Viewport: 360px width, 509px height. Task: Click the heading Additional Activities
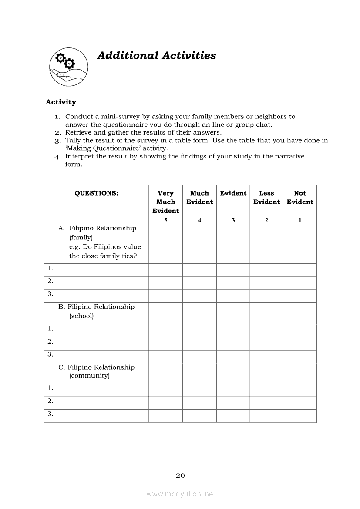(156, 56)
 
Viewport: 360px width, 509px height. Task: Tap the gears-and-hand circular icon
(68, 67)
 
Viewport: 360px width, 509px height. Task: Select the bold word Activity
(61, 102)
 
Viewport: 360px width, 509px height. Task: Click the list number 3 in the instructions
(57, 141)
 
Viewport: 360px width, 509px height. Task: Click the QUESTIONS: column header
(96, 193)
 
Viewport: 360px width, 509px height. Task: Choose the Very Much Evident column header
(165, 202)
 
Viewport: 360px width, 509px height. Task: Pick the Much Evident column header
(199, 197)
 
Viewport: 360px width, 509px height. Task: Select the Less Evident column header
(266, 197)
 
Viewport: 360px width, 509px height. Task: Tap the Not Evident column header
(300, 197)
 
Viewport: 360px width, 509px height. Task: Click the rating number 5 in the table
(165, 220)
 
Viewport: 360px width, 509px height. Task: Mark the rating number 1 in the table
(300, 220)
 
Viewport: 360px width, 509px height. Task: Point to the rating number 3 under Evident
(233, 220)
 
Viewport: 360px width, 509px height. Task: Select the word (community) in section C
(89, 376)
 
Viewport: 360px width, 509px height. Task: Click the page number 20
(180, 475)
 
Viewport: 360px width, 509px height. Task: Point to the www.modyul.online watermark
(180, 494)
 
